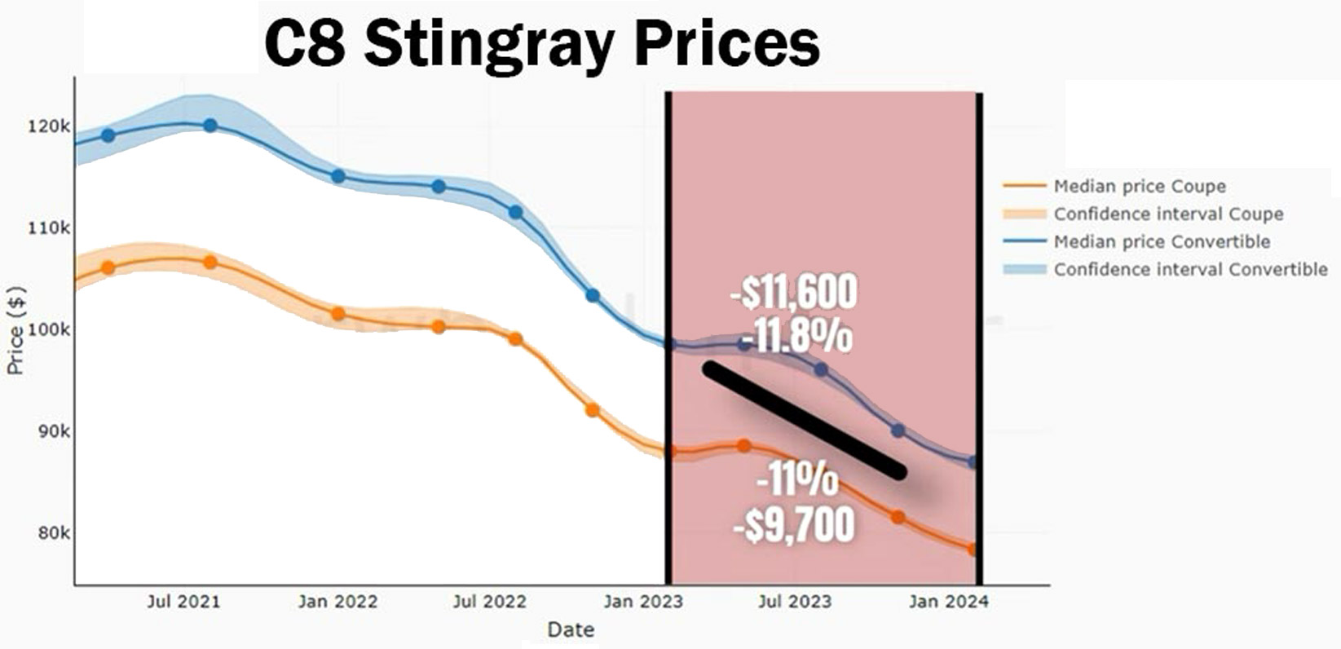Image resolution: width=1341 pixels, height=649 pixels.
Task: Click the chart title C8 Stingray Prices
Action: [x=541, y=44]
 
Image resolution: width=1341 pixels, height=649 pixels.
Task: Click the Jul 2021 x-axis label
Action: [x=183, y=602]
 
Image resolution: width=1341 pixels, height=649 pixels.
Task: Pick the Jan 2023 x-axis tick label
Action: [x=643, y=602]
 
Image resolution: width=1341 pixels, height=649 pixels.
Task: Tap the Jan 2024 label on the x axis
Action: [x=948, y=602]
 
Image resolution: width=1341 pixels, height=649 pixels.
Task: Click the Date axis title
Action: [x=571, y=629]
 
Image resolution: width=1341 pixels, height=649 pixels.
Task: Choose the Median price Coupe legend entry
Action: [x=1139, y=187]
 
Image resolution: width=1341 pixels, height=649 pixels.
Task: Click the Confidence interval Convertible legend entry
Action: [x=1190, y=269]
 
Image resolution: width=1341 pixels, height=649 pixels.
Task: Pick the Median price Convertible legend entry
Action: [x=1161, y=241]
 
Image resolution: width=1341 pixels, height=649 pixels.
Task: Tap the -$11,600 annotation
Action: [x=794, y=293]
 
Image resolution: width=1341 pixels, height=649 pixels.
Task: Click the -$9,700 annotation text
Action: [x=794, y=525]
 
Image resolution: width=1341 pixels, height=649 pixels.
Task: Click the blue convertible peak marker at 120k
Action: [x=210, y=126]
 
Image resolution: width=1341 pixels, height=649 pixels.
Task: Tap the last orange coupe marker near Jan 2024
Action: [x=973, y=550]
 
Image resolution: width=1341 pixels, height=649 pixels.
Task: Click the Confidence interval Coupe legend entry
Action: [x=1167, y=214]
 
